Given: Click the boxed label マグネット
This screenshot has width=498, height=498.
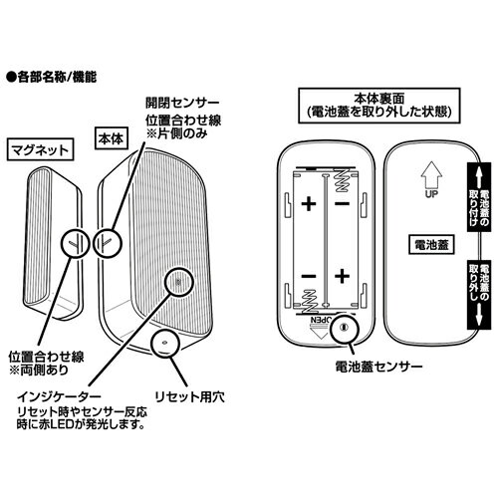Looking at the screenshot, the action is (x=40, y=150).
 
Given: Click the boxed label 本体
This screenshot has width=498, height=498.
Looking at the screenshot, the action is (x=111, y=138).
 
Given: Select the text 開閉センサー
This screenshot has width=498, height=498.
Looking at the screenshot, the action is (x=182, y=103).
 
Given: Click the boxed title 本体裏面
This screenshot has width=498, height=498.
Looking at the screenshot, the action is (x=378, y=106).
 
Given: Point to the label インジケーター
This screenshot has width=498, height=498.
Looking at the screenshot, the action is (x=59, y=396).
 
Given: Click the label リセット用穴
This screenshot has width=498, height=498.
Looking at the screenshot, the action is (x=189, y=396).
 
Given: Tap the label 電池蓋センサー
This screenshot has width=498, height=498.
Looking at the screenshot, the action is (x=378, y=367).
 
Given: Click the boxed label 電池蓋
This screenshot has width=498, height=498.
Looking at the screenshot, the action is (x=431, y=245).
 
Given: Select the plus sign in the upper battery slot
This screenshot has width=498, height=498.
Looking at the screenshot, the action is (x=309, y=204).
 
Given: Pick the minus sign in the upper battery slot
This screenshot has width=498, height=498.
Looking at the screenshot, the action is (x=342, y=203).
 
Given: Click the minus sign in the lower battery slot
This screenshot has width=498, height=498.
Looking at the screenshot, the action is (x=309, y=276).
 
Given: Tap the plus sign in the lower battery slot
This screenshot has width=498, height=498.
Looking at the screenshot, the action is (x=342, y=276).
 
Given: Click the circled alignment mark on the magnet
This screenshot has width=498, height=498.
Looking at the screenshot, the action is (x=76, y=243).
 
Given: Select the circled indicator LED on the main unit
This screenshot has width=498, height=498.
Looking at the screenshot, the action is (x=178, y=282).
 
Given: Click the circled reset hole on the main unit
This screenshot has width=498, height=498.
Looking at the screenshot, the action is (x=164, y=342).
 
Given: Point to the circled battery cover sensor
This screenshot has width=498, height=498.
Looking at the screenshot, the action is (x=345, y=328).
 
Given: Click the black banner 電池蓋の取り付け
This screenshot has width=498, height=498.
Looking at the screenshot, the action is (x=479, y=197).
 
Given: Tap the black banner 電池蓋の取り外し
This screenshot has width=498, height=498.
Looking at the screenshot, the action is (x=479, y=294).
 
